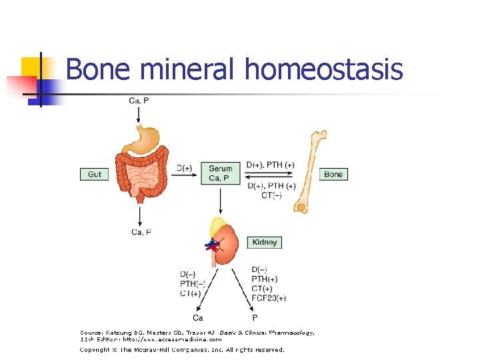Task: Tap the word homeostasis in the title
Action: pyautogui.click(x=324, y=69)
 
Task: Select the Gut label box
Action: pyautogui.click(x=95, y=174)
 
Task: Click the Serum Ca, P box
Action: pyautogui.click(x=221, y=173)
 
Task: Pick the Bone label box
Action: pyautogui.click(x=333, y=174)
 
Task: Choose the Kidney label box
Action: pyautogui.click(x=265, y=242)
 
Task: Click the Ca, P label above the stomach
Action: pyautogui.click(x=139, y=101)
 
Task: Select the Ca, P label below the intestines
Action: pyautogui.click(x=141, y=232)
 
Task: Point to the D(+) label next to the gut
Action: pyautogui.click(x=185, y=168)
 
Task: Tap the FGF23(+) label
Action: pyautogui.click(x=269, y=298)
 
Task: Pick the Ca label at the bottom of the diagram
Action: pyautogui.click(x=198, y=317)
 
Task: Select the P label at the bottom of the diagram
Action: pyautogui.click(x=255, y=317)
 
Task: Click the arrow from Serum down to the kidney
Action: pyautogui.click(x=221, y=200)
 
